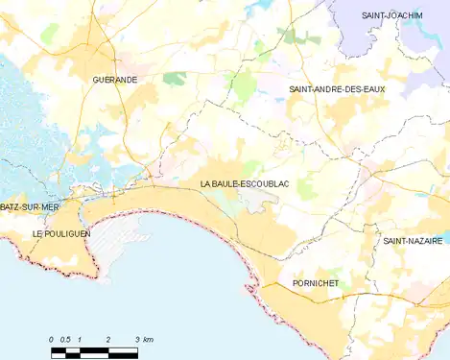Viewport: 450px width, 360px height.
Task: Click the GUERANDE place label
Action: pos(115,79)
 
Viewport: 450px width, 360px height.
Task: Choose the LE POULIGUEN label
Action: pos(60,233)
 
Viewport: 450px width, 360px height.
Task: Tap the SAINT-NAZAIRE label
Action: pos(412,241)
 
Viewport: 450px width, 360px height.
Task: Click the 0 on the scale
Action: pos(52,340)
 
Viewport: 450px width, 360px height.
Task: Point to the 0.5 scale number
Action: pos(65,340)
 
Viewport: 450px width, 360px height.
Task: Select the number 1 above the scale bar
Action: pos(80,340)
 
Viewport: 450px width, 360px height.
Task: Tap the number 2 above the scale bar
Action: pos(108,340)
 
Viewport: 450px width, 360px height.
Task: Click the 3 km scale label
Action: pos(144,340)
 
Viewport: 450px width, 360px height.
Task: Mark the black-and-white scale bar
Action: pos(94,351)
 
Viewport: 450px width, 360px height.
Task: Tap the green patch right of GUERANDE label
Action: pos(174,78)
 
